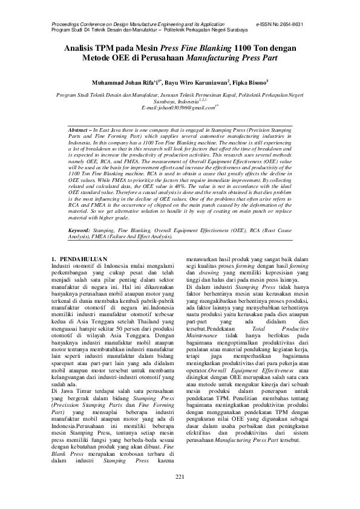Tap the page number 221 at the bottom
(180, 494)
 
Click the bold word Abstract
(78, 130)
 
